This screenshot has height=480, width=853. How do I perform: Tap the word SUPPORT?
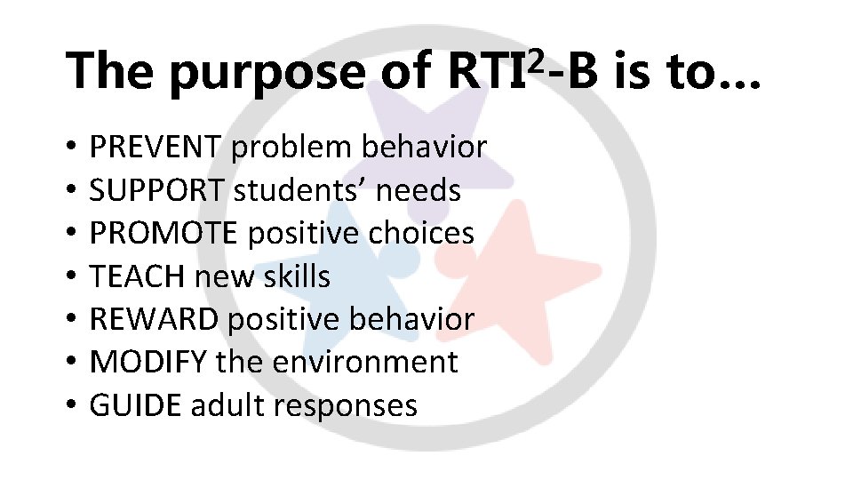(158, 190)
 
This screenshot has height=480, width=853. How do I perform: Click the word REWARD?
(155, 319)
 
